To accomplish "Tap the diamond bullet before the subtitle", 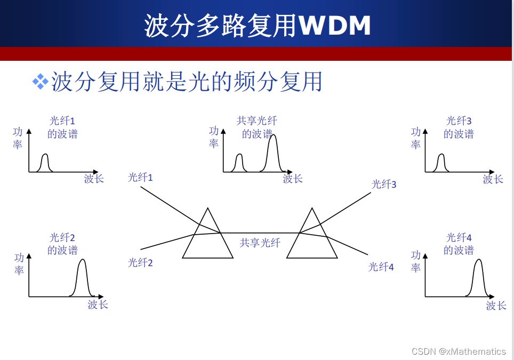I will click(40, 82).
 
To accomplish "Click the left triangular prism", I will click(207, 237).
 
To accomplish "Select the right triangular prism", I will click(311, 237).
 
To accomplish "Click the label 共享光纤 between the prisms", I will click(260, 243).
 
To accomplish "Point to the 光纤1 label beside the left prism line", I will click(140, 178).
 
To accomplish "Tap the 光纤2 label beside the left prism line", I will click(140, 262).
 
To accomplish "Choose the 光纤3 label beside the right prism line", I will click(384, 185).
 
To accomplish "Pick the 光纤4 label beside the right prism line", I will click(381, 267).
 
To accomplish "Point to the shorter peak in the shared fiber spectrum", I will click(239, 162).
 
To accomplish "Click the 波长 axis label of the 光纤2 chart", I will click(98, 305).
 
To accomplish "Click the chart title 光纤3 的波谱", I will click(459, 127).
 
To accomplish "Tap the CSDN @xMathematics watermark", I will click(459, 351).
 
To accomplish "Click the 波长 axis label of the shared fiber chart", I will click(293, 179).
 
